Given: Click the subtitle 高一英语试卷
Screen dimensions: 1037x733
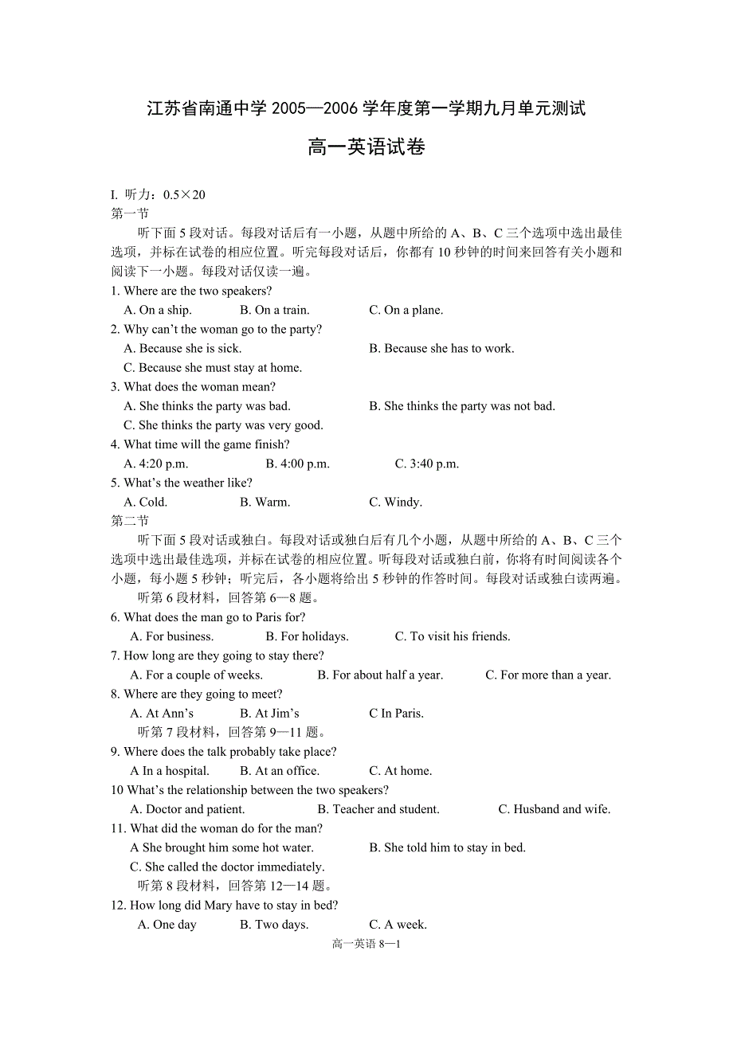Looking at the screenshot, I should pyautogui.click(x=366, y=147).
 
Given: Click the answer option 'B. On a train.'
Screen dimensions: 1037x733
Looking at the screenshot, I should pyautogui.click(x=274, y=310).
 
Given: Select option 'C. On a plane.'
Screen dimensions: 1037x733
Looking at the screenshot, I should pyautogui.click(x=406, y=310).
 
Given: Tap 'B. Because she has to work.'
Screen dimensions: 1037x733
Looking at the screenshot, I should pyautogui.click(x=441, y=348).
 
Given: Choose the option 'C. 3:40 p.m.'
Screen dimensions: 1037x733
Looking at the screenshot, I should pyautogui.click(x=427, y=464).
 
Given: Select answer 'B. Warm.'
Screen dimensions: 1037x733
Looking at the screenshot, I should pyautogui.click(x=265, y=502).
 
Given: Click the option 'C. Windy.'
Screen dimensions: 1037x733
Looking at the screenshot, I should pyautogui.click(x=395, y=502).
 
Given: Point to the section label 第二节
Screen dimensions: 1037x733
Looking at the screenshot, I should pyautogui.click(x=130, y=521).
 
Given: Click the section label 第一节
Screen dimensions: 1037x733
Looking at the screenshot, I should pyautogui.click(x=130, y=213).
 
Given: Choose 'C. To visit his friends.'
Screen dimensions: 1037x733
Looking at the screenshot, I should pyautogui.click(x=452, y=636).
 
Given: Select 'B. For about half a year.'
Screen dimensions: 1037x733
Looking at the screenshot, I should pyautogui.click(x=380, y=675).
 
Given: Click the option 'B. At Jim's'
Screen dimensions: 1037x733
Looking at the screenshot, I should pyautogui.click(x=269, y=713).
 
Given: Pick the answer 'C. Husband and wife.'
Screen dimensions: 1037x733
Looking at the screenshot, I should pyautogui.click(x=555, y=809).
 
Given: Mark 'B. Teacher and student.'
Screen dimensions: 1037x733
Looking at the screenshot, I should pyautogui.click(x=378, y=809).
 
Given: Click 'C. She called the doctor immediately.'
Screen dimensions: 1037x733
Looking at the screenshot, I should pyautogui.click(x=227, y=867).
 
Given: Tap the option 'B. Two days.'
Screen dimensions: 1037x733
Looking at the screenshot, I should pyautogui.click(x=274, y=925).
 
